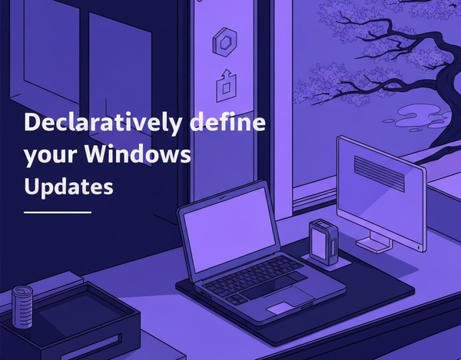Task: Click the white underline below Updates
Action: tap(57, 211)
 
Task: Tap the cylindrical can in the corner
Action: tap(23, 308)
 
